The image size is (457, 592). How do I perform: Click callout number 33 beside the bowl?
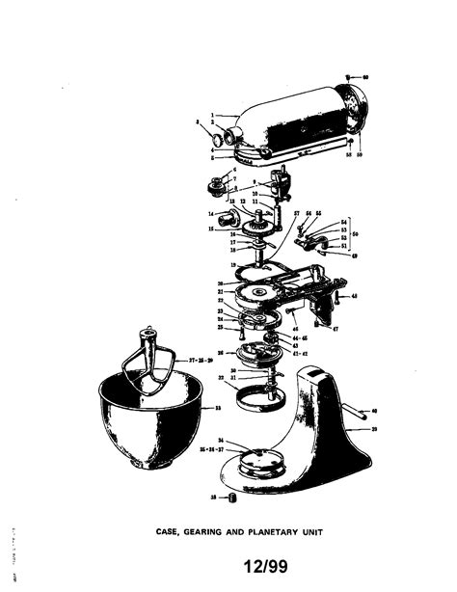pyautogui.click(x=217, y=410)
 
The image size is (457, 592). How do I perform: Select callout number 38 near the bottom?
pyautogui.click(x=213, y=497)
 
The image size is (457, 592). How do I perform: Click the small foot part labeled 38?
pyautogui.click(x=231, y=498)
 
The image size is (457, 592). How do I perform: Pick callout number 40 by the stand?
pyautogui.click(x=373, y=411)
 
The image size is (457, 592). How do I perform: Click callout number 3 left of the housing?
pyautogui.click(x=197, y=123)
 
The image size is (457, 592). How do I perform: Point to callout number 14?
pyautogui.click(x=209, y=213)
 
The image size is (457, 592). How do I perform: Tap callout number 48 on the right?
pyautogui.click(x=354, y=295)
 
